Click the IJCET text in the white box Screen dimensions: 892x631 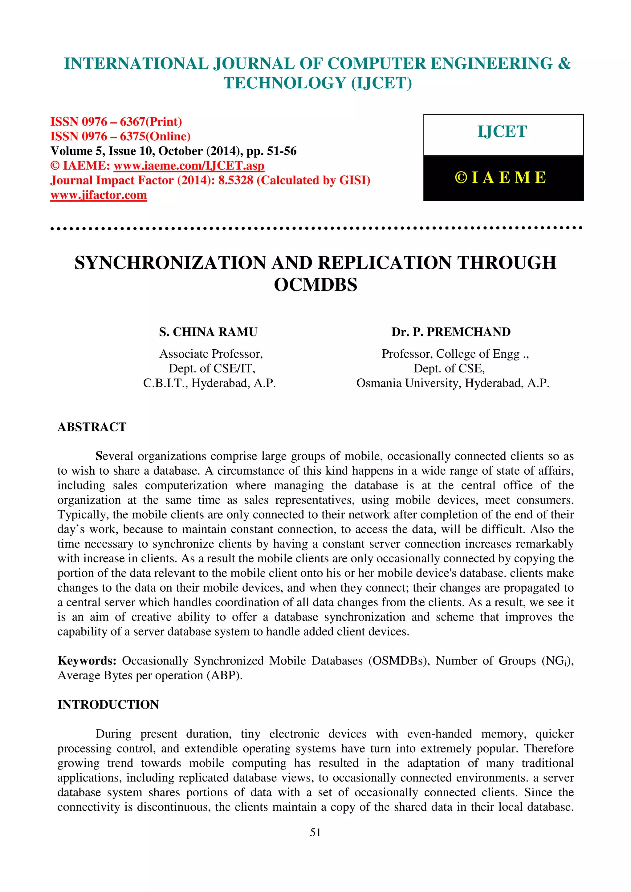502,132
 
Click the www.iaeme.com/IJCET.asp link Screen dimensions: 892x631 189,166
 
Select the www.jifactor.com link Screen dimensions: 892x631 99,195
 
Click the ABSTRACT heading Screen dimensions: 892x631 92,427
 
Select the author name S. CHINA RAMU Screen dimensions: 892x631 208,332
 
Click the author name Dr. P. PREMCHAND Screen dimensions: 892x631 451,332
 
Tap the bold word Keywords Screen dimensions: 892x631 87,661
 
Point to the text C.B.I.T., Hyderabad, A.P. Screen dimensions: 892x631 209,383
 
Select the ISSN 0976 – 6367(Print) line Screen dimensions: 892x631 116,122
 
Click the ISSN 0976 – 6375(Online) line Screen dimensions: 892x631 120,136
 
